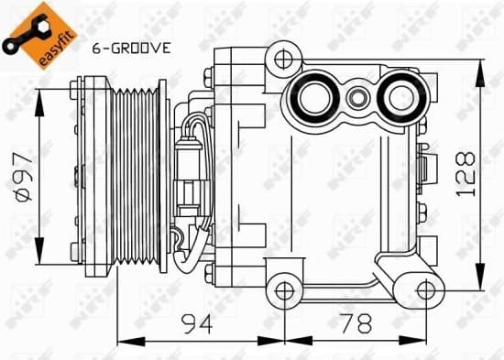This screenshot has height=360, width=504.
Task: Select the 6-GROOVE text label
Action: (131, 49)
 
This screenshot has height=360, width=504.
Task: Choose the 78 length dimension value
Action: (352, 322)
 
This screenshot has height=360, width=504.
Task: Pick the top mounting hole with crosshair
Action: (283, 60)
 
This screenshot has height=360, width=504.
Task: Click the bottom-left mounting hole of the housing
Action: (283, 291)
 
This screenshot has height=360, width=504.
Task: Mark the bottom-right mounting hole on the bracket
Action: (424, 291)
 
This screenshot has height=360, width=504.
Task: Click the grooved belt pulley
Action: (137, 175)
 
